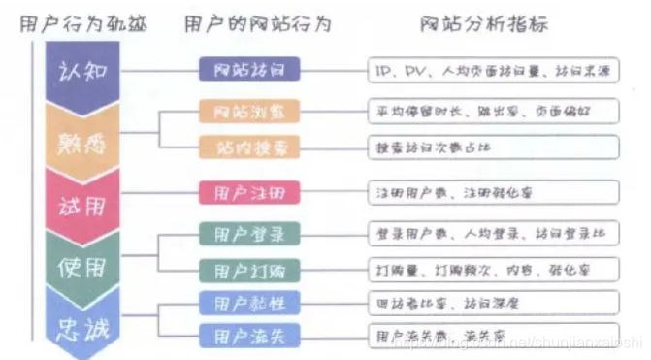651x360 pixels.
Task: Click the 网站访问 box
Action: pos(249,69)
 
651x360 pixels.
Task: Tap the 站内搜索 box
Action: pos(249,147)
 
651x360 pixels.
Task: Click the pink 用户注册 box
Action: pos(249,191)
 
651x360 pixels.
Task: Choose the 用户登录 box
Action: pos(249,234)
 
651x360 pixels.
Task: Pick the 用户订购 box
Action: pos(249,269)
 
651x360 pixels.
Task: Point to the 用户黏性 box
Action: pos(249,303)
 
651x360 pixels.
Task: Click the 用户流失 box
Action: pos(249,336)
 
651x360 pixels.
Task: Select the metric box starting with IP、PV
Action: pos(493,69)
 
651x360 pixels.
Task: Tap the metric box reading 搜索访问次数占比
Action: pos(493,147)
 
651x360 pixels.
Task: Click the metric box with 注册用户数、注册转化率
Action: pos(493,191)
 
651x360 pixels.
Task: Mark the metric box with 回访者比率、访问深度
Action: pos(493,303)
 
